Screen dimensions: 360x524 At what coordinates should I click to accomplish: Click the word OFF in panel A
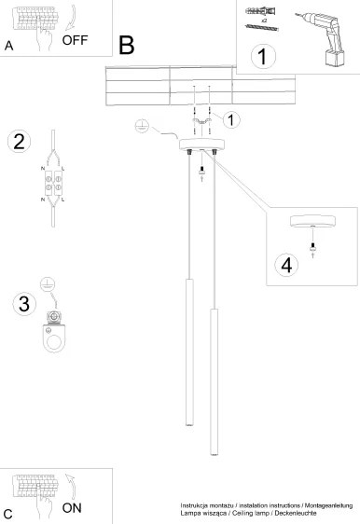click(x=75, y=40)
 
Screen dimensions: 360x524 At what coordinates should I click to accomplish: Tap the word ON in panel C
click(x=72, y=508)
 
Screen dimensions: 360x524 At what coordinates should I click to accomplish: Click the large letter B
click(x=127, y=46)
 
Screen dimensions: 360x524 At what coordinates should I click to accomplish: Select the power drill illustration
click(x=321, y=38)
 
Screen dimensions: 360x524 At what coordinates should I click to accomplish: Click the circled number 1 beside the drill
click(x=263, y=57)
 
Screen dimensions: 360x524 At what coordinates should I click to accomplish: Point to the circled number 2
click(x=19, y=142)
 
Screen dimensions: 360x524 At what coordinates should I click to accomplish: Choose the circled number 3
click(x=24, y=303)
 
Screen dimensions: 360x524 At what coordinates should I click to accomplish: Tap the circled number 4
click(x=286, y=266)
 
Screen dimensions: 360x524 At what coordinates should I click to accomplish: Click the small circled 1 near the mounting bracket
click(x=231, y=120)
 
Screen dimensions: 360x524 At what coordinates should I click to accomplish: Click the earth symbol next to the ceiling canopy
click(x=142, y=126)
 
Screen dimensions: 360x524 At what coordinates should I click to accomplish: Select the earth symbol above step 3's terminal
click(x=48, y=284)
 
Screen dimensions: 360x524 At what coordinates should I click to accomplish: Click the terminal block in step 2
click(x=53, y=183)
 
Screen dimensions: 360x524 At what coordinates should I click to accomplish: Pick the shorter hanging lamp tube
click(x=189, y=352)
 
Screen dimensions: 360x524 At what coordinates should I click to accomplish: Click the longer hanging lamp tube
click(x=215, y=382)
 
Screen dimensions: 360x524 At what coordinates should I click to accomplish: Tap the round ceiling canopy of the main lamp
click(x=201, y=145)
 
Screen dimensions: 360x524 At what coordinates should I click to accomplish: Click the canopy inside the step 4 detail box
click(x=312, y=221)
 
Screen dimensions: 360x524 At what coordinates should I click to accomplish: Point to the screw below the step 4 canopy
click(x=312, y=247)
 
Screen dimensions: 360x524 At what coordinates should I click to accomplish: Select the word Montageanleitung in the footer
click(x=328, y=505)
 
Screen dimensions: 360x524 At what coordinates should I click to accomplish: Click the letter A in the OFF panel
click(x=8, y=46)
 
